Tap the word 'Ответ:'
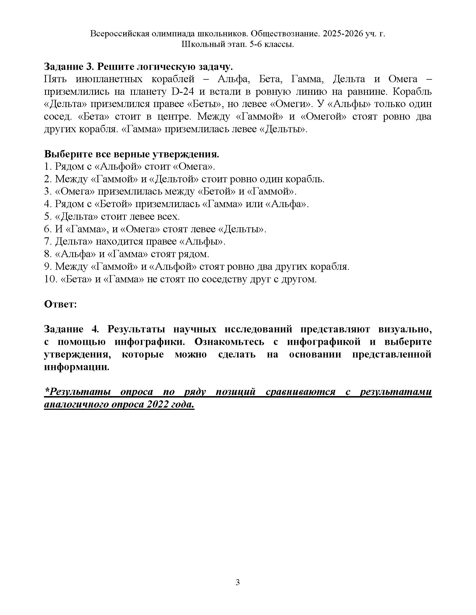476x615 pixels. [x=60, y=304]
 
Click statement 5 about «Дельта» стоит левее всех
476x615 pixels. [x=112, y=217]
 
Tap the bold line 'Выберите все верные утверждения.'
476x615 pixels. [x=131, y=154]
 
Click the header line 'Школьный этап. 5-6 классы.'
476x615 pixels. [x=237, y=44]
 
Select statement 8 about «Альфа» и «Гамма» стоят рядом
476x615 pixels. [x=127, y=254]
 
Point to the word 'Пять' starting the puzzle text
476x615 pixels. [x=55, y=79]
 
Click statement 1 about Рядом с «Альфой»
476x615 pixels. [x=129, y=166]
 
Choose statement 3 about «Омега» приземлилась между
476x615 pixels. [x=170, y=191]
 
